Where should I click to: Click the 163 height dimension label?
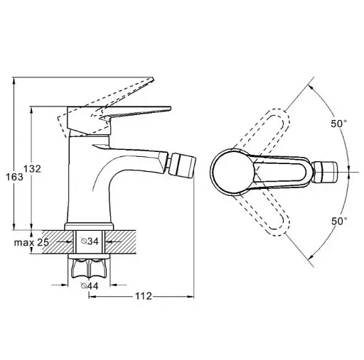(15, 177)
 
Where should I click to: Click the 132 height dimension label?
(32, 169)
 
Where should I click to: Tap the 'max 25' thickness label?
(31, 242)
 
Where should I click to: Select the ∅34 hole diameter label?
(90, 241)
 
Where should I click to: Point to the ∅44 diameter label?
(90, 286)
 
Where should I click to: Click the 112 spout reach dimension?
(144, 296)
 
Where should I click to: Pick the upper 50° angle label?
(339, 124)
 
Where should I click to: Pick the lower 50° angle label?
(339, 222)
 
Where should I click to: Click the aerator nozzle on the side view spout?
(183, 165)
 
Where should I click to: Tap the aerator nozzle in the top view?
(325, 172)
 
